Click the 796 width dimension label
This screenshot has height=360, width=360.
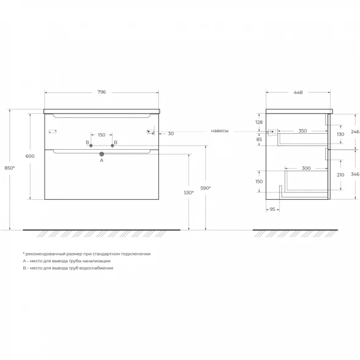pos(101,92)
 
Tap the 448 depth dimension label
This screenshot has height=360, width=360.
pos(298,92)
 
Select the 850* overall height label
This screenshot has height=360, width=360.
pos(10,168)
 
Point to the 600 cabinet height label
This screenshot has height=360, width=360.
pos(30,156)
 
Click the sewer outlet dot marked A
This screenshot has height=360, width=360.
pos(101,154)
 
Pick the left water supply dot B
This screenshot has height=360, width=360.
pos(91,145)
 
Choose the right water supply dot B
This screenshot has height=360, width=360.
pos(112,145)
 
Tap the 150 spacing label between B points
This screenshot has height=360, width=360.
pos(101,134)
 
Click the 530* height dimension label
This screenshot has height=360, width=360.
pos(188,193)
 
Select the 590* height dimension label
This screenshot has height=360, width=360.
pos(205,188)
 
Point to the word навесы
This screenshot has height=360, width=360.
pos(219,131)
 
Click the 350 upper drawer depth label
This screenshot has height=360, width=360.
pos(303,131)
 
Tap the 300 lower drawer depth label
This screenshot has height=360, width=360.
pos(306,168)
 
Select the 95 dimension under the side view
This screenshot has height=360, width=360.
pos(273,209)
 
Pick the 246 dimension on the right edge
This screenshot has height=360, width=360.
pos(355,131)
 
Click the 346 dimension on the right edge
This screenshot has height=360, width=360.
pos(355,174)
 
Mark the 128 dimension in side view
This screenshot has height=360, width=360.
pos(259,122)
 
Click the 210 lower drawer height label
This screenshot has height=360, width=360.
pos(340,175)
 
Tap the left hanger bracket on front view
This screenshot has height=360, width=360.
pos(53,131)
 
